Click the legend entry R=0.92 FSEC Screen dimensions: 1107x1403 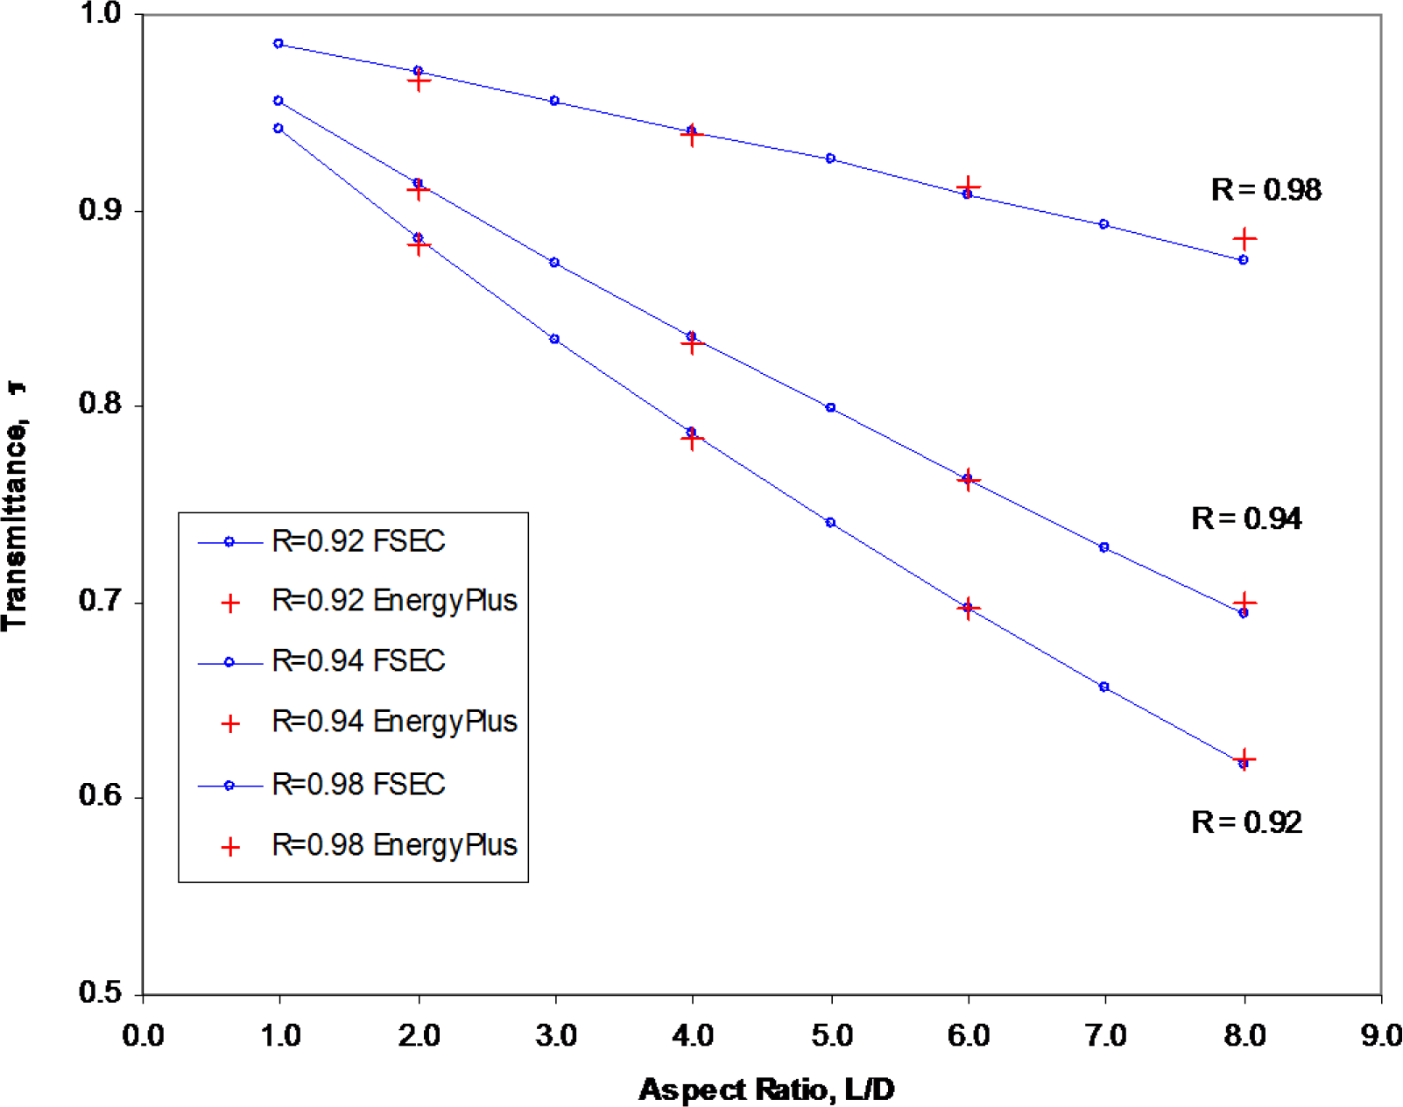coord(358,542)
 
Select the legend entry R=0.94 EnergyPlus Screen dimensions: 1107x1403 coord(394,723)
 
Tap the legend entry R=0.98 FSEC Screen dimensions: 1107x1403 coord(358,785)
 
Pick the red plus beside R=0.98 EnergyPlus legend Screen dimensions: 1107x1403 coord(230,847)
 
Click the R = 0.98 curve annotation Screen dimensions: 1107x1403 coord(1266,190)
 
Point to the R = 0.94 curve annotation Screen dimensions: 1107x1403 coord(1246,519)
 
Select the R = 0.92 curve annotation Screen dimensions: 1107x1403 coord(1246,822)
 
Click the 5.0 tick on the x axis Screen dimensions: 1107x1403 coord(831,1036)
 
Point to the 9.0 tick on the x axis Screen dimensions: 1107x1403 coord(1380,1036)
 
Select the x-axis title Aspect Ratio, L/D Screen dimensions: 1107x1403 coord(766,1090)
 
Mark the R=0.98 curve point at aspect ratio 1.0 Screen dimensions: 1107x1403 coord(278,44)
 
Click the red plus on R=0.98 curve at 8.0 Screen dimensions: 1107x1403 coord(1244,238)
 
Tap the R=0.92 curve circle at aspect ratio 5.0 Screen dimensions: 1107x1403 coord(830,523)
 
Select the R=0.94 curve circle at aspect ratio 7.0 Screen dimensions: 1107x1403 coord(1103,547)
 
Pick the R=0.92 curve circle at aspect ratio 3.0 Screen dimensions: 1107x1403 coord(554,339)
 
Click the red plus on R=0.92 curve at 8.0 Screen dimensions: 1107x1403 coord(1244,758)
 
